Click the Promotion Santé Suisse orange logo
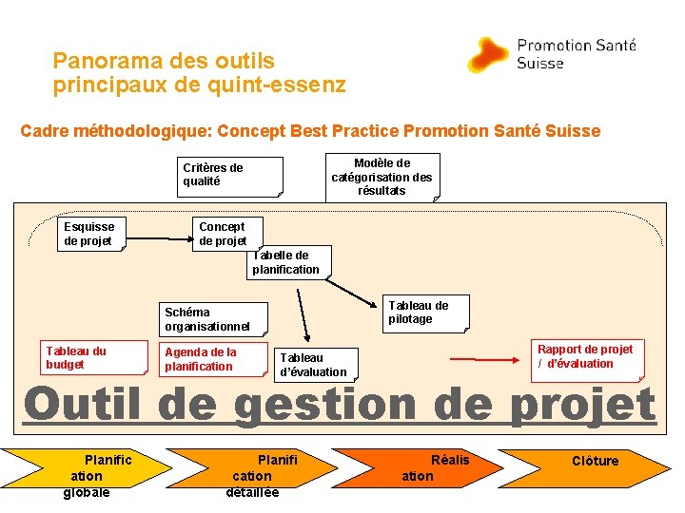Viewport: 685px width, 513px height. coord(487,55)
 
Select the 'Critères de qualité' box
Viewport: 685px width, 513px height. coord(232,176)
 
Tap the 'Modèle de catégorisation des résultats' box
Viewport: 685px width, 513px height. coord(382,177)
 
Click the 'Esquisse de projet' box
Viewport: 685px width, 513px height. coord(89,234)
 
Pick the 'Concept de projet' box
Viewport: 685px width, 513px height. coord(225,234)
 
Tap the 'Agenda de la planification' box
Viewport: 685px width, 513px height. coord(212,360)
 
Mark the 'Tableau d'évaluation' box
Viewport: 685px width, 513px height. coord(315,365)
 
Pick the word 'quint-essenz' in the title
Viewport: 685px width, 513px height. coord(285,85)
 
